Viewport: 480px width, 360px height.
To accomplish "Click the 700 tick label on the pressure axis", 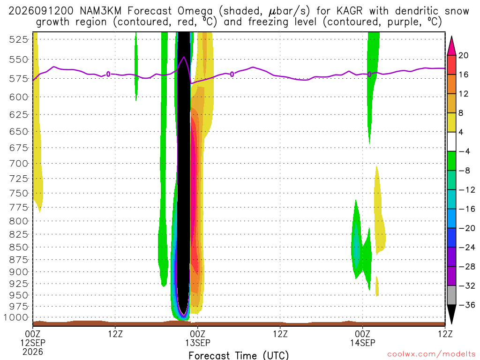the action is (19, 163).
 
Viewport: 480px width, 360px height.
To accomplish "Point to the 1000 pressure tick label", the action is (16, 317).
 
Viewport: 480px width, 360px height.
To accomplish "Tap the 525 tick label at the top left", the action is (19, 39).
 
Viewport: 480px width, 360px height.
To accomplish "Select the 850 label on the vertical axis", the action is (19, 247).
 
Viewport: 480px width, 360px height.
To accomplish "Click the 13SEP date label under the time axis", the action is (197, 343).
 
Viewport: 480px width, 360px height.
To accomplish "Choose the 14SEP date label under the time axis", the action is (363, 343).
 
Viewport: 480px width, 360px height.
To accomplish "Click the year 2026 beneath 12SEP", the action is (33, 352).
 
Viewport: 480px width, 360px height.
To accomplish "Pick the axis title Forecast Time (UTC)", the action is (239, 355).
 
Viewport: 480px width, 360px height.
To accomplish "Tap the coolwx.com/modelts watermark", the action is (431, 354).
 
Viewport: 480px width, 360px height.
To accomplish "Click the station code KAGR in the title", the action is (349, 11).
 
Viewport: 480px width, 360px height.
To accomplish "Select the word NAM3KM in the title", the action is (101, 11).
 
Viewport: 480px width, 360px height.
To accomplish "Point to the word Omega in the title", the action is (195, 11).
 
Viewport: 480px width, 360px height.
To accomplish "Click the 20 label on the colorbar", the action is (463, 55).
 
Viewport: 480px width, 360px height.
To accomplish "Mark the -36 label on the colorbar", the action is (466, 305).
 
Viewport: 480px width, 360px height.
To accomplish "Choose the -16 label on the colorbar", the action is (466, 209).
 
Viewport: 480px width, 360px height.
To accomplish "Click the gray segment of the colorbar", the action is (451, 295).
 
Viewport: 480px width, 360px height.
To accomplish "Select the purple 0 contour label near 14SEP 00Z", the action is (369, 75).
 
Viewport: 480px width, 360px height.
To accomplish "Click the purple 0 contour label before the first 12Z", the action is (108, 74).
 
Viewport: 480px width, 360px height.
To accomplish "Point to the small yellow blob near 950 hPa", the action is (377, 286).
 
